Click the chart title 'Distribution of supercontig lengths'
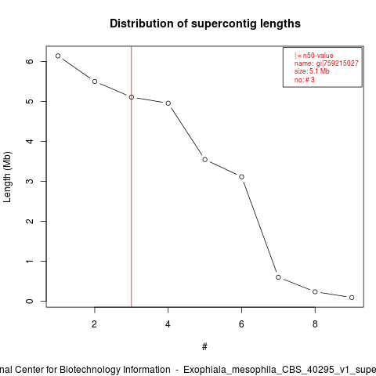(205, 23)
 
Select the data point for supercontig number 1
(58, 56)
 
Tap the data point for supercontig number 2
(95, 81)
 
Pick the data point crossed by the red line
(132, 97)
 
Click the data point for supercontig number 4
(168, 103)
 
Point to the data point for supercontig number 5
(205, 160)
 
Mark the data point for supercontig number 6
(241, 177)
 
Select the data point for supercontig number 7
(278, 277)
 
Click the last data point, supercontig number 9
(352, 298)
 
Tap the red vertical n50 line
(132, 176)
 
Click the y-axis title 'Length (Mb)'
(7, 177)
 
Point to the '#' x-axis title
(204, 347)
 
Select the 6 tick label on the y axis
(30, 61)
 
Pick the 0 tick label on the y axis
(30, 301)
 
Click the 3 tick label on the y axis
(30, 181)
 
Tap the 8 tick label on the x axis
(315, 324)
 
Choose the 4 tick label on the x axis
(168, 324)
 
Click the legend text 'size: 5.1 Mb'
(312, 71)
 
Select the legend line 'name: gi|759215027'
(327, 63)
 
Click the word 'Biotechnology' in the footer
(89, 370)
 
